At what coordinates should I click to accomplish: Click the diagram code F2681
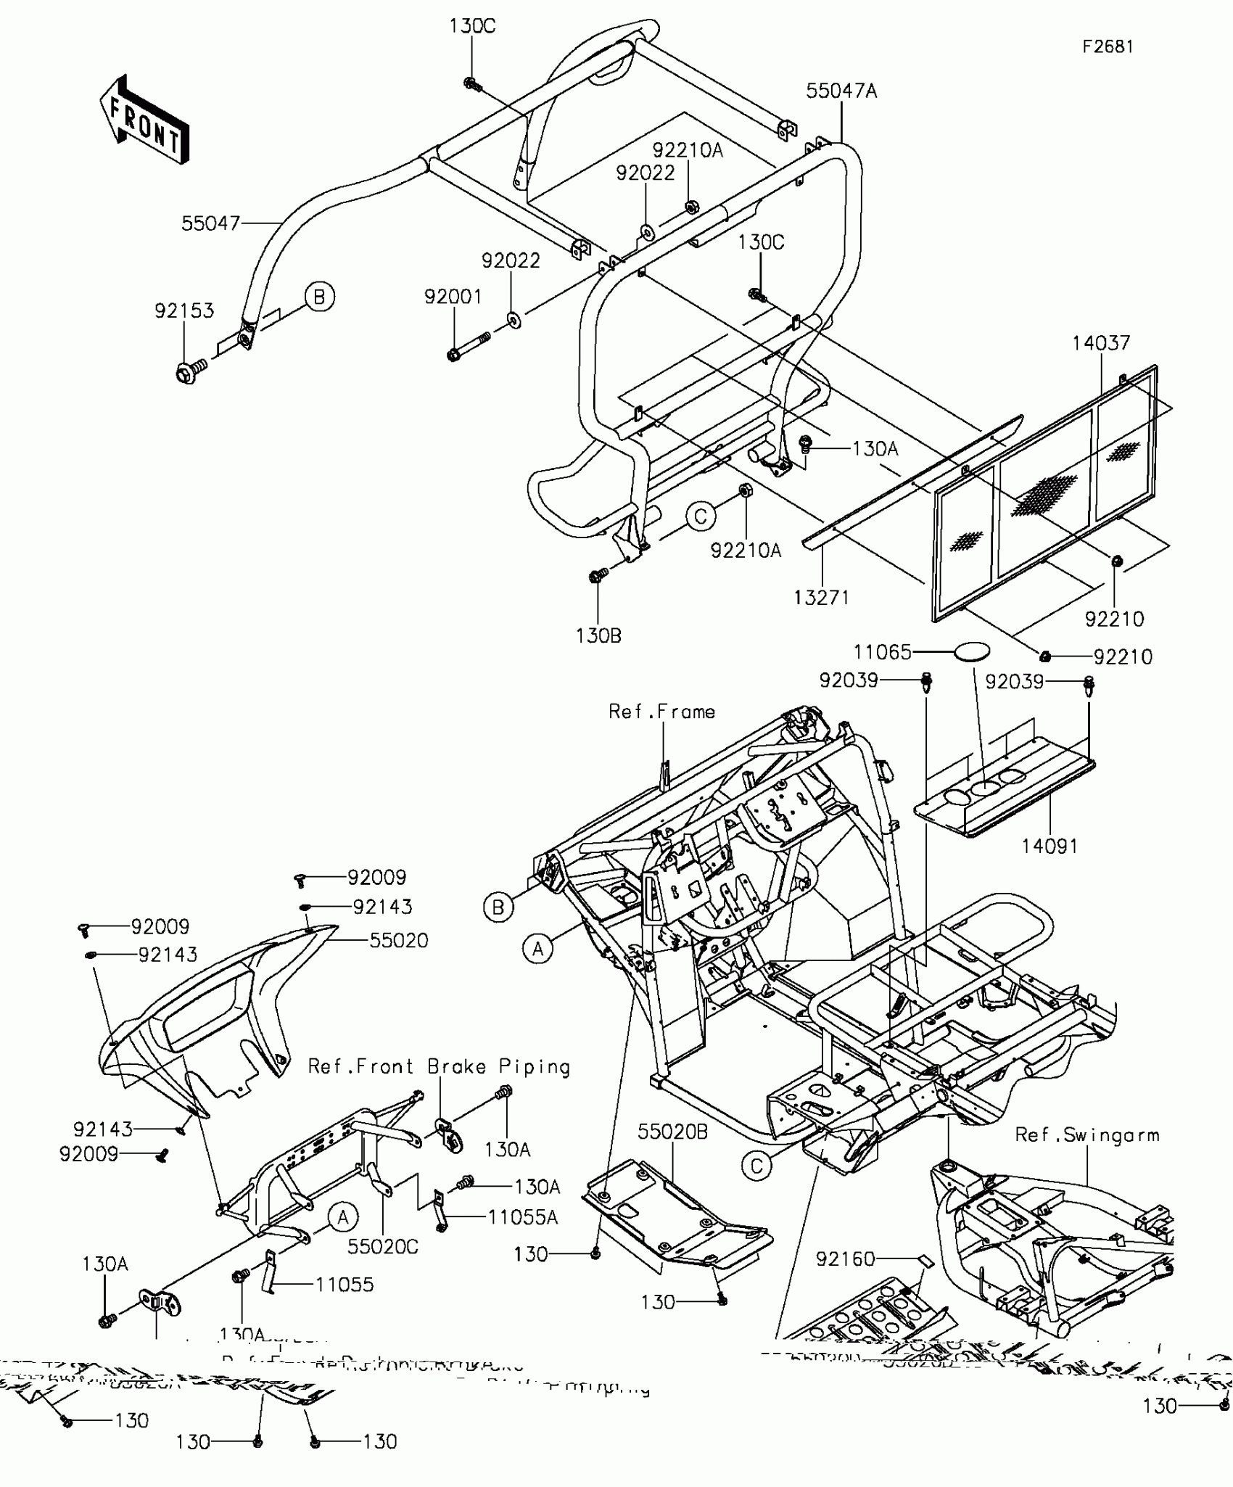click(1108, 46)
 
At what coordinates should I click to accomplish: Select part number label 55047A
click(841, 91)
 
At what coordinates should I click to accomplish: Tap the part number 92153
click(184, 310)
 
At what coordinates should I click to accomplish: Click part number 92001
click(453, 297)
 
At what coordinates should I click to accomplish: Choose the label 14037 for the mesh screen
click(1101, 342)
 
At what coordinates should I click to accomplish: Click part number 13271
click(821, 597)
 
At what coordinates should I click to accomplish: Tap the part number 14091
click(1050, 846)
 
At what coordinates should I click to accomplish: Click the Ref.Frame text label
click(661, 712)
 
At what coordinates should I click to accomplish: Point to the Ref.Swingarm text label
click(1086, 1135)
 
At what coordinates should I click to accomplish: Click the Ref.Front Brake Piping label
click(439, 1066)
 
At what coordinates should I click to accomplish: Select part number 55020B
click(672, 1132)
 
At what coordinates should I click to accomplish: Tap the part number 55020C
click(383, 1246)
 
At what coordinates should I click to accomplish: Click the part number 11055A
click(522, 1217)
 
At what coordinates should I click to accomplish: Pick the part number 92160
click(845, 1259)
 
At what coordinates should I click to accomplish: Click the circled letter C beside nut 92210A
click(701, 516)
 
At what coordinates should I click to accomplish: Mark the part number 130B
click(598, 635)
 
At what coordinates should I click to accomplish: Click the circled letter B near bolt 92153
click(319, 297)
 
